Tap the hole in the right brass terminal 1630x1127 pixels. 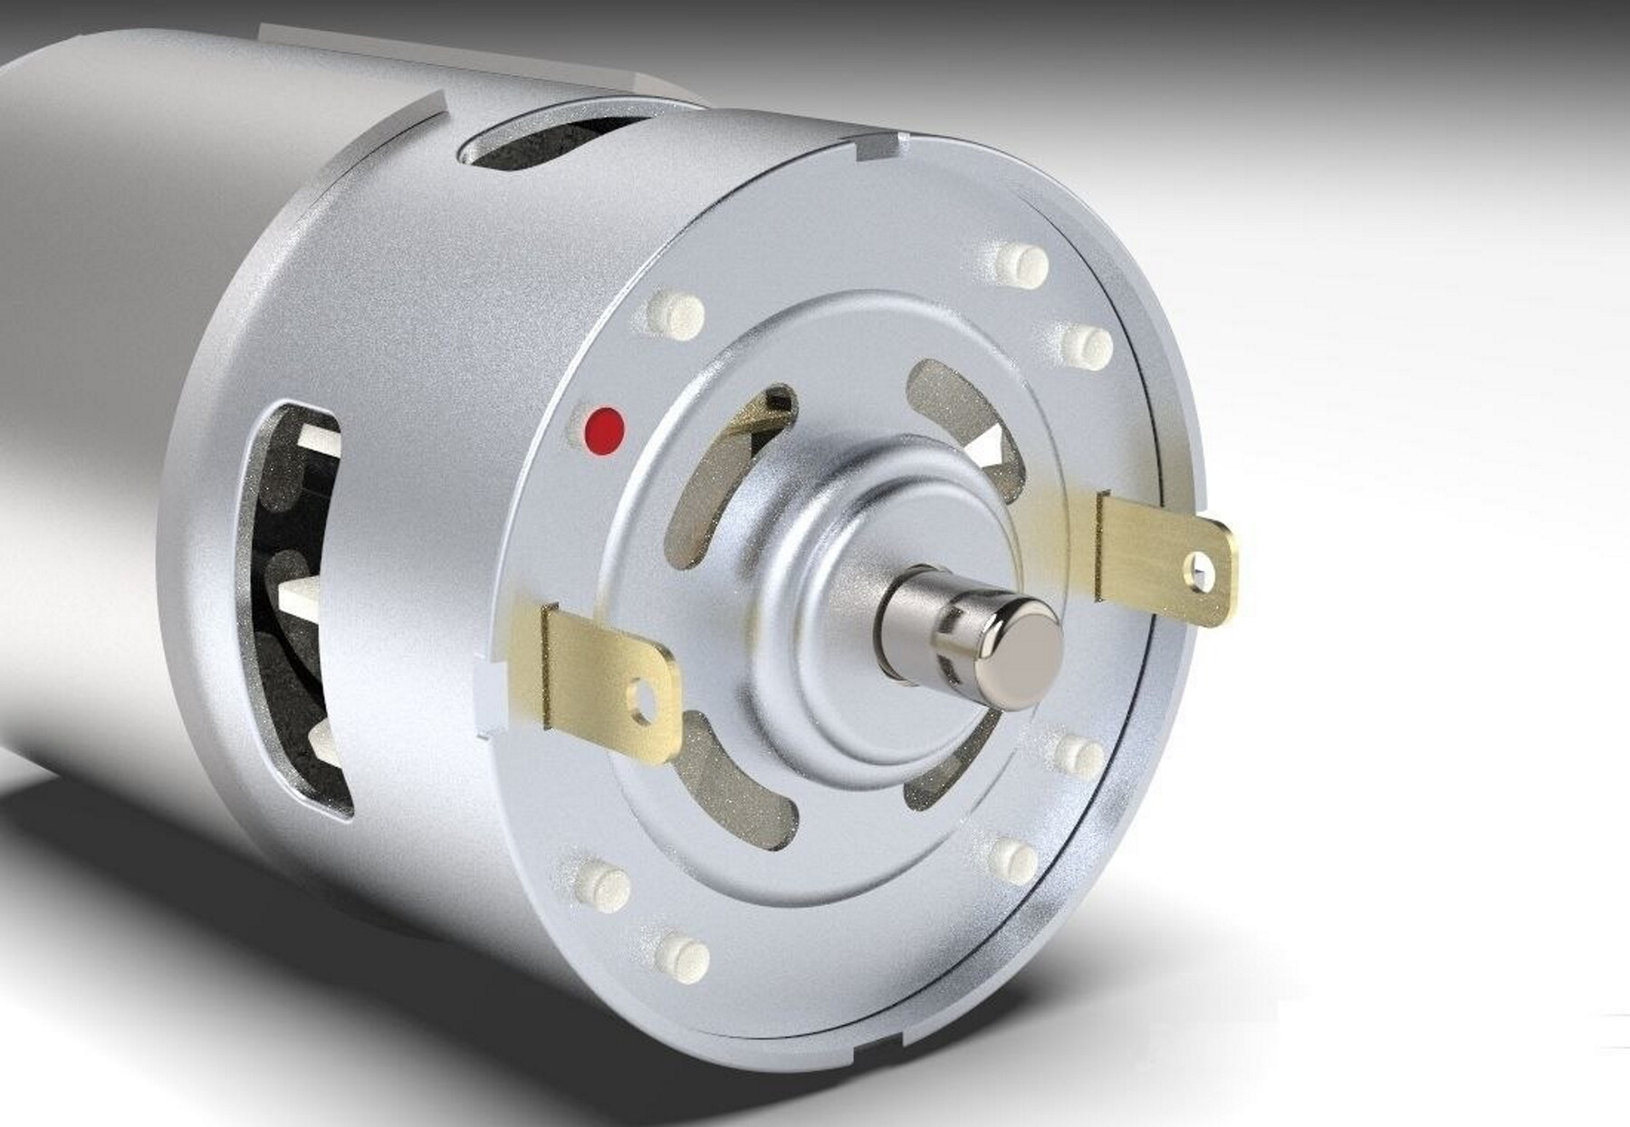click(x=1202, y=569)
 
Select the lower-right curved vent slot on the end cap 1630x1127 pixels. click(x=942, y=779)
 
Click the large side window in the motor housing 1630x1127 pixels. click(x=294, y=607)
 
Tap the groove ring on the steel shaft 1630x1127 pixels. click(x=946, y=634)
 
